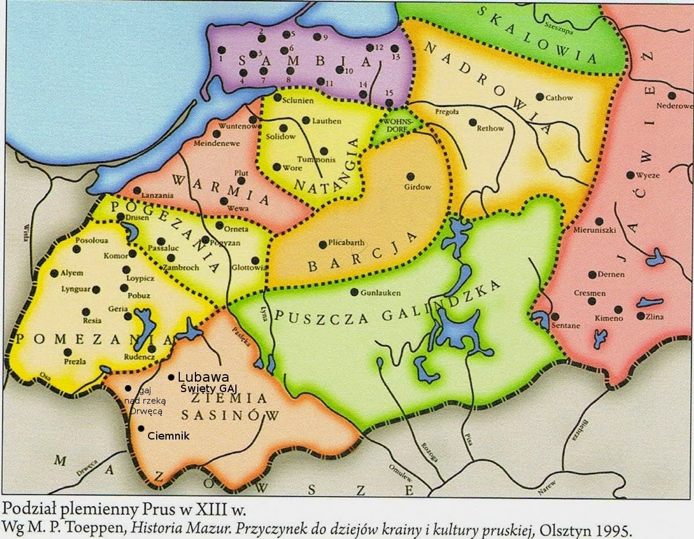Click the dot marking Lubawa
coord(171,377)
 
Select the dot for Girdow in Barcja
coord(411,176)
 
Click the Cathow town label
coord(559,98)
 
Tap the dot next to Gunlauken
coord(355,292)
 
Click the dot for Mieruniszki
coord(599,221)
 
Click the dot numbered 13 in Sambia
coord(394,49)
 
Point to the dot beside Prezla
coord(68,352)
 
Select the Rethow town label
coord(490,128)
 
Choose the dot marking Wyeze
coord(630,175)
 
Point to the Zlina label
coord(656,316)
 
